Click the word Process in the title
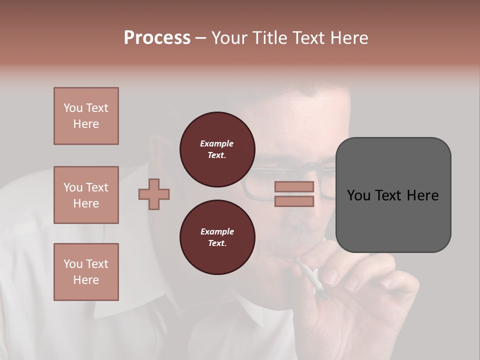157,38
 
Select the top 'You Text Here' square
86,116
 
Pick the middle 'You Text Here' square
86,195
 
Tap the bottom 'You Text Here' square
86,272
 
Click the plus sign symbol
154,194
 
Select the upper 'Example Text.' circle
217,149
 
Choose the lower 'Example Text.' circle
217,237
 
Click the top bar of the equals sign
294,186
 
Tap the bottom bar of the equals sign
294,201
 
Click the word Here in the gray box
422,195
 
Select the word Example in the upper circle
217,143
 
